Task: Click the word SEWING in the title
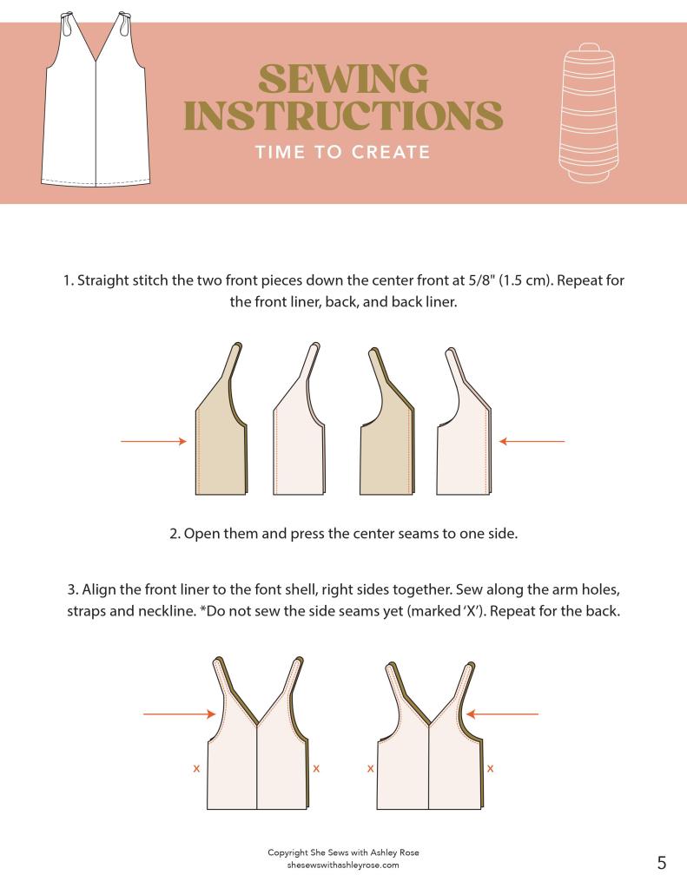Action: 343,78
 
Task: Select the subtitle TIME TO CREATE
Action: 342,153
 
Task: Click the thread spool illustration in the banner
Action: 588,113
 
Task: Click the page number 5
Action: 662,863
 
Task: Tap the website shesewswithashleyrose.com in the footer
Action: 343,865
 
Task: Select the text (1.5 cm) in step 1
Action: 525,280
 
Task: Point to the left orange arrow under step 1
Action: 154,441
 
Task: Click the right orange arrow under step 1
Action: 532,441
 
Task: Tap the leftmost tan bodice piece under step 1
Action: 221,419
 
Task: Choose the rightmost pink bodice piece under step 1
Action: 464,422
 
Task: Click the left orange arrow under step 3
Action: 180,714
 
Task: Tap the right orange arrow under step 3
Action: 502,714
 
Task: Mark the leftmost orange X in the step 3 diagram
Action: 196,768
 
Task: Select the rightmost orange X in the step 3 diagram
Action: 491,768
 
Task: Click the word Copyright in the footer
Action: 288,852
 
